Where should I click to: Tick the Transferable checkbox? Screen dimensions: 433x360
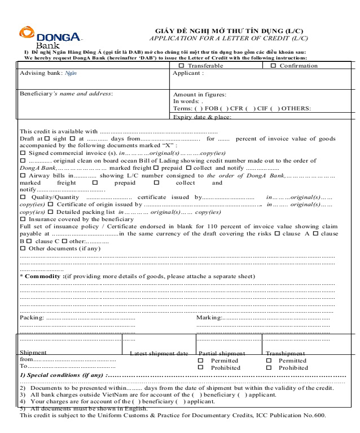[181, 66]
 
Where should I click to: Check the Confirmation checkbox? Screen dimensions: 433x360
[273, 66]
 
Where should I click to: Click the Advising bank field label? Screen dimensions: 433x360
[41, 73]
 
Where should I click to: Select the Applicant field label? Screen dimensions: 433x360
[188, 73]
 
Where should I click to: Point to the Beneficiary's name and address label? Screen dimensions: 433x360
[66, 94]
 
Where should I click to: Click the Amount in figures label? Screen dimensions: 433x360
[199, 95]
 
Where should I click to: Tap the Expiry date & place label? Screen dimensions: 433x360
[202, 117]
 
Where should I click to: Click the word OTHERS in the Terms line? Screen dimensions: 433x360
[296, 108]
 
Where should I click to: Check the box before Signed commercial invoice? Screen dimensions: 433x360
[23, 153]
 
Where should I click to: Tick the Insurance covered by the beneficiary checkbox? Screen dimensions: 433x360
[23, 219]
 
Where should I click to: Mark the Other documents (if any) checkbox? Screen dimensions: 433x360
[23, 248]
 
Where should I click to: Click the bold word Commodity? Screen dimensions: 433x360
[43, 277]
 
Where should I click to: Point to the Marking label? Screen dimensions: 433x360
[208, 317]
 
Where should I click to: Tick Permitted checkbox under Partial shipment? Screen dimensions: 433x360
[201, 361]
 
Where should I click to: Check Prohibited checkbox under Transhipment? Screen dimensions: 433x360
[269, 368]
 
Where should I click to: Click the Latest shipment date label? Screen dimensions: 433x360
[159, 353]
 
